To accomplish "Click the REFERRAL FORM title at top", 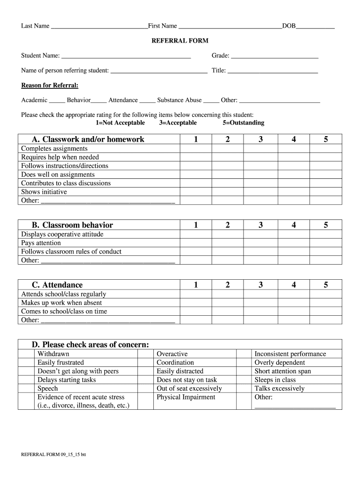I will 180,41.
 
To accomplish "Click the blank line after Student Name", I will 126,56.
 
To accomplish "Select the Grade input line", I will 274,56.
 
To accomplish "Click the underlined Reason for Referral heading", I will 50,85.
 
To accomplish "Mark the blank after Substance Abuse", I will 211,101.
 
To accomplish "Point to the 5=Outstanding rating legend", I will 244,123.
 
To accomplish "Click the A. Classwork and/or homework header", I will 88,139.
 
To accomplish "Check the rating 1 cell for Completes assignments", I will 196,149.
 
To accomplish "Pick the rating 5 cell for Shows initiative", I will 326,192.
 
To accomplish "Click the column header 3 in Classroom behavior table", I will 260,225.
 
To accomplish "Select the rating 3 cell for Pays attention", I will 260,243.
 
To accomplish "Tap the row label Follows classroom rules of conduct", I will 71,252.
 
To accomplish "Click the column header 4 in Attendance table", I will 294,285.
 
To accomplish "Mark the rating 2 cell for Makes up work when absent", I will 227,303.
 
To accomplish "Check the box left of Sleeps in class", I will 244,380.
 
